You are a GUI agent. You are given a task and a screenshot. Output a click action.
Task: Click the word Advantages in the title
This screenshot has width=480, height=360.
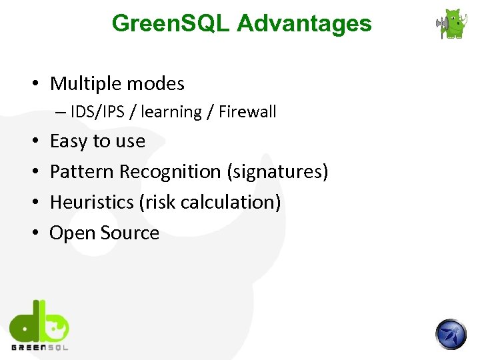[304, 23]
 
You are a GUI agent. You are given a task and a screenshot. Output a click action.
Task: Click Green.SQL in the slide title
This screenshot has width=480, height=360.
[171, 23]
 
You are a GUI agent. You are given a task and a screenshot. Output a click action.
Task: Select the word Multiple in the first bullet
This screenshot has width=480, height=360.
[83, 84]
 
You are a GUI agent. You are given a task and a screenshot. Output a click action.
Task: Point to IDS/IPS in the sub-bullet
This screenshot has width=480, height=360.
[99, 112]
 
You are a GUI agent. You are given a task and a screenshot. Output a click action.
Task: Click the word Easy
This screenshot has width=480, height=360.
[69, 141]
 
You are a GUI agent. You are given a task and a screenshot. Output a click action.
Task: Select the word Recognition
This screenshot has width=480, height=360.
[171, 172]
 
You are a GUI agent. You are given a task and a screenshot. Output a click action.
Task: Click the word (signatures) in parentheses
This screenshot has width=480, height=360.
[278, 172]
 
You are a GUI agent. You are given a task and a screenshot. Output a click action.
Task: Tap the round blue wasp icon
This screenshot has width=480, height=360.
[451, 334]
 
